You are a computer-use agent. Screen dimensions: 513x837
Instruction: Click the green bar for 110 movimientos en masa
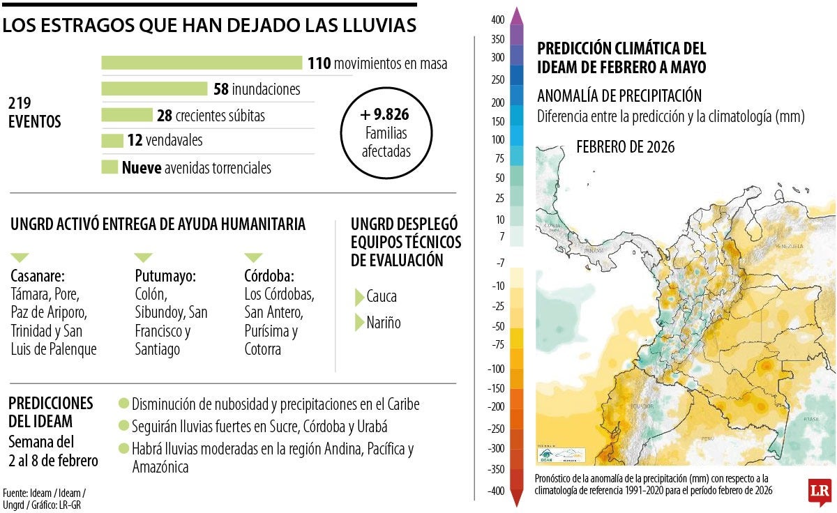202,63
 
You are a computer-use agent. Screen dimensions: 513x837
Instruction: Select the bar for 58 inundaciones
154,89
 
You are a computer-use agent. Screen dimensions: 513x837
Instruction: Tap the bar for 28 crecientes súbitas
126,115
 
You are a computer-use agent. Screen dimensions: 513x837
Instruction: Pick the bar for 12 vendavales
112,141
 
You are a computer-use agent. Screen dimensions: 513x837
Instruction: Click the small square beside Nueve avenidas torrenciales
110,167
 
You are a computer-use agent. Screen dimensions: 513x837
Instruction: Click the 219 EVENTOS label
35,112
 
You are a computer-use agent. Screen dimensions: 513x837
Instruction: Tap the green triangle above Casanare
20,257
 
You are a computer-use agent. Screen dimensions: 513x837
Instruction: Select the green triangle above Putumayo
143,257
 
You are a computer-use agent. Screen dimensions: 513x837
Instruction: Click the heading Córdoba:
269,275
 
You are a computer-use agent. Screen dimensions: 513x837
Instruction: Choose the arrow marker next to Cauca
359,296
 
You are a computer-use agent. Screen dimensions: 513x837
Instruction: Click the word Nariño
384,323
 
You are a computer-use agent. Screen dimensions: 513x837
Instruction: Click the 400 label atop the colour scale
497,20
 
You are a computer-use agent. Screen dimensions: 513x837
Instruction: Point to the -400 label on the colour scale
495,491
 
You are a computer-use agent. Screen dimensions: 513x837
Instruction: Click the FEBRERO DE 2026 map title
625,147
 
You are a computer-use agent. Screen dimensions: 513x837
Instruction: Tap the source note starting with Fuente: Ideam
45,498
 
